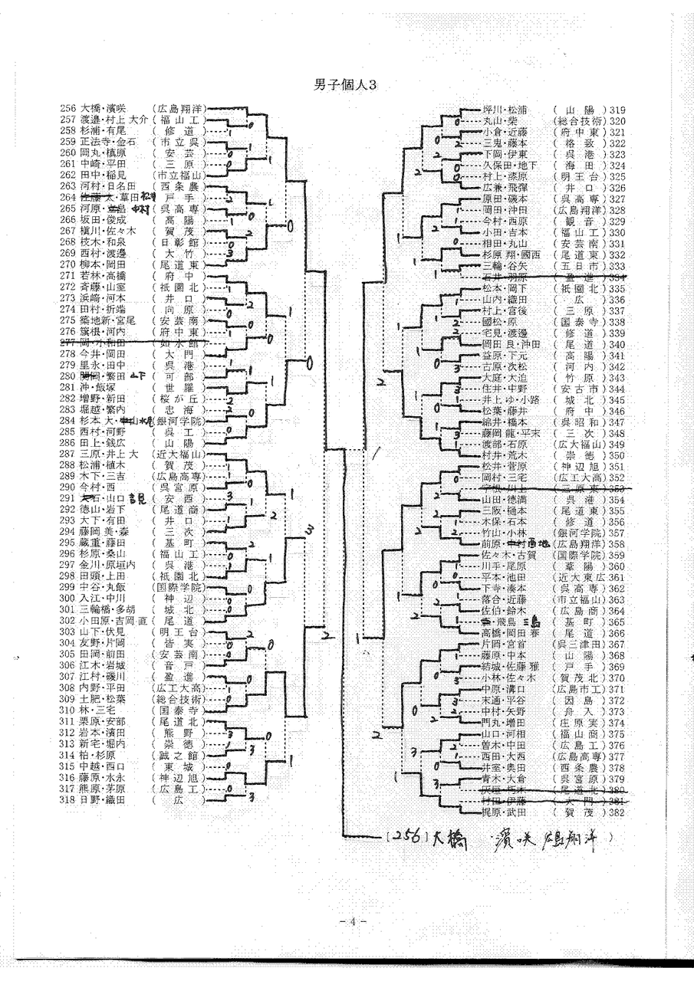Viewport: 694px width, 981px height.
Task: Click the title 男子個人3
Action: pos(346,85)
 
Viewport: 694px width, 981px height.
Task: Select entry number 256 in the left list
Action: pos(67,109)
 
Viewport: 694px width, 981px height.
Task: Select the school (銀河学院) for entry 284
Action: pos(180,421)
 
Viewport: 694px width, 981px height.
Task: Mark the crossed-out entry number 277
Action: pos(67,344)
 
